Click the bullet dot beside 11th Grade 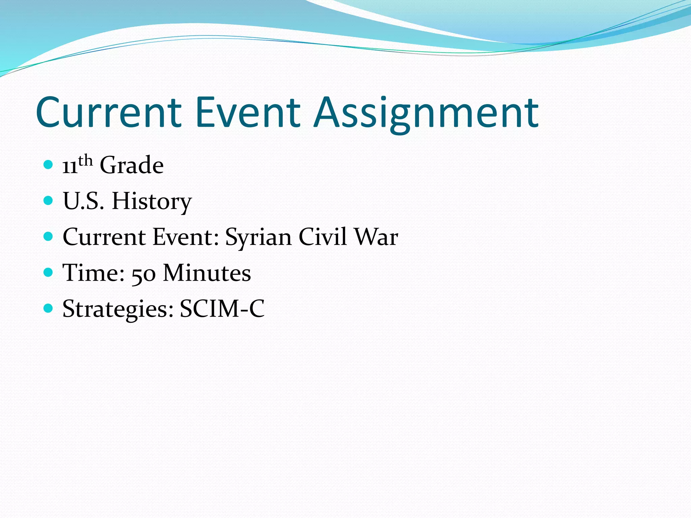tap(49, 165)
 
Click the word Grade tap(132, 165)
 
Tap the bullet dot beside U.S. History tap(49, 201)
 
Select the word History tap(151, 201)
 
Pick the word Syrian tap(258, 237)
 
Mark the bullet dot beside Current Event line tap(49, 236)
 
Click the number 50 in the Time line tap(143, 273)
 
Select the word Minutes tap(207, 273)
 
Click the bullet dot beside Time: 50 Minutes tap(49, 272)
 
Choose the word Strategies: tap(118, 309)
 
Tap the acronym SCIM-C tap(222, 309)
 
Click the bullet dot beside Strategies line tap(49, 308)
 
